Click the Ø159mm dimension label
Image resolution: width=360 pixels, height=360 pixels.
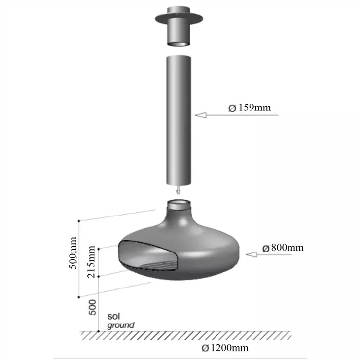250,108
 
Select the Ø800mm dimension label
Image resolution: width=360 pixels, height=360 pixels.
283,248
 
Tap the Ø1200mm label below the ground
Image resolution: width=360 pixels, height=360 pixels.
225,348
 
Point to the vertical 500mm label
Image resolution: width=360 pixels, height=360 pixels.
73,253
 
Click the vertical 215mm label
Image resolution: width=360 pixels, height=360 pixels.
91,261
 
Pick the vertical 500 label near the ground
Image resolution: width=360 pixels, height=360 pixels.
92,307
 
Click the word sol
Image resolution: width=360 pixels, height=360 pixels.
113,316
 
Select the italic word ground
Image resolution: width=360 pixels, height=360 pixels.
121,325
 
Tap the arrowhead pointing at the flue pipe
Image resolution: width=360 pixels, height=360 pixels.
201,115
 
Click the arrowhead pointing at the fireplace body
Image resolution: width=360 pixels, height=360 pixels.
251,254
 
